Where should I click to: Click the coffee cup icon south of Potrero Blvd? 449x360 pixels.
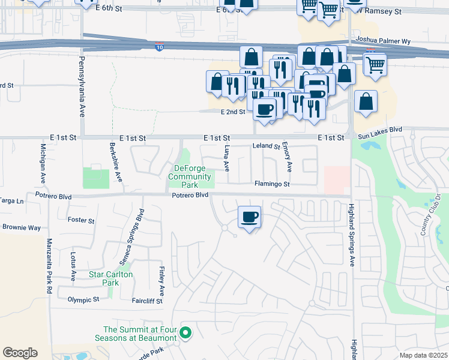pyautogui.click(x=250, y=217)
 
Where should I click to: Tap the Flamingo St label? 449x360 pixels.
pyautogui.click(x=272, y=184)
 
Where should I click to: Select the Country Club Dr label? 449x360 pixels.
pyautogui.click(x=431, y=215)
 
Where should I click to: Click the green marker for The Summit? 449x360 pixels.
pyautogui.click(x=185, y=332)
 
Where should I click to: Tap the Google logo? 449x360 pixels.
pyautogui.click(x=20, y=353)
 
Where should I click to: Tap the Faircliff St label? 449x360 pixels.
pyautogui.click(x=147, y=301)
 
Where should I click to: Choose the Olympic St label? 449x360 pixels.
pyautogui.click(x=83, y=299)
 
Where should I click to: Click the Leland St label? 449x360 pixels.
pyautogui.click(x=266, y=146)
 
